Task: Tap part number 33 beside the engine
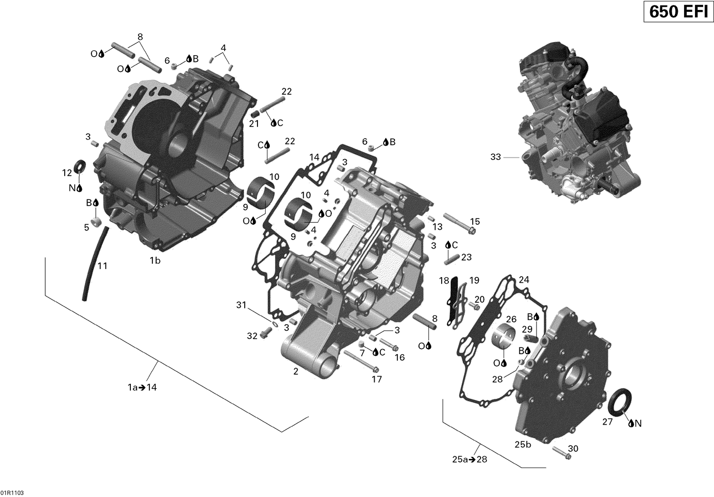point(496,157)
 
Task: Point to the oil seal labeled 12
point(79,165)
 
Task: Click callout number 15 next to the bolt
point(475,221)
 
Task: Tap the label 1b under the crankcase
point(155,260)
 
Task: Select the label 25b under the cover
point(522,445)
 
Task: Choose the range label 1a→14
point(142,388)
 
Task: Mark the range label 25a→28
point(469,459)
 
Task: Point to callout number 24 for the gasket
point(524,279)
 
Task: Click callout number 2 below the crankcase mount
point(296,371)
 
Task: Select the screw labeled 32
point(265,336)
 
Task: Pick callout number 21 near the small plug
point(254,124)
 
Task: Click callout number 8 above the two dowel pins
point(139,37)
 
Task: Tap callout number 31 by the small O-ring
point(241,305)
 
